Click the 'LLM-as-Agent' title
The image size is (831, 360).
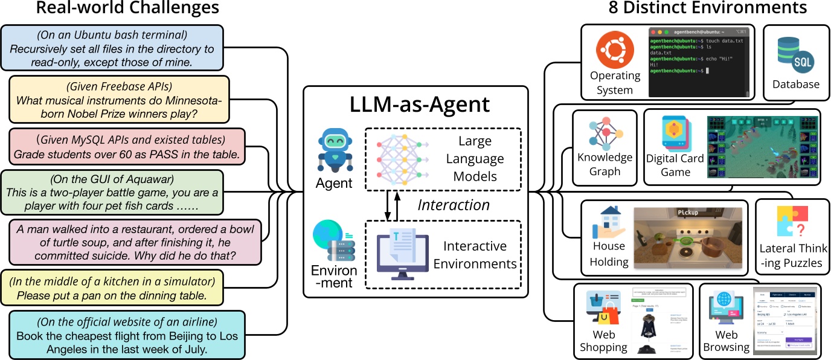click(415, 104)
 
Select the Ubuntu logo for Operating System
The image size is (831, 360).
click(615, 50)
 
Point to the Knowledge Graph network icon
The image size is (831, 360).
click(605, 133)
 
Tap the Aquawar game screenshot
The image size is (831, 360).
click(763, 147)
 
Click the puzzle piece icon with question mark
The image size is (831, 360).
click(792, 222)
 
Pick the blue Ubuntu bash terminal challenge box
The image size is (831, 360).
click(112, 47)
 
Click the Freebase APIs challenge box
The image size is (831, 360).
click(119, 99)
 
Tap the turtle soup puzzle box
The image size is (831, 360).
click(135, 242)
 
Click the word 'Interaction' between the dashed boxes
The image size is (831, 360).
click(454, 205)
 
